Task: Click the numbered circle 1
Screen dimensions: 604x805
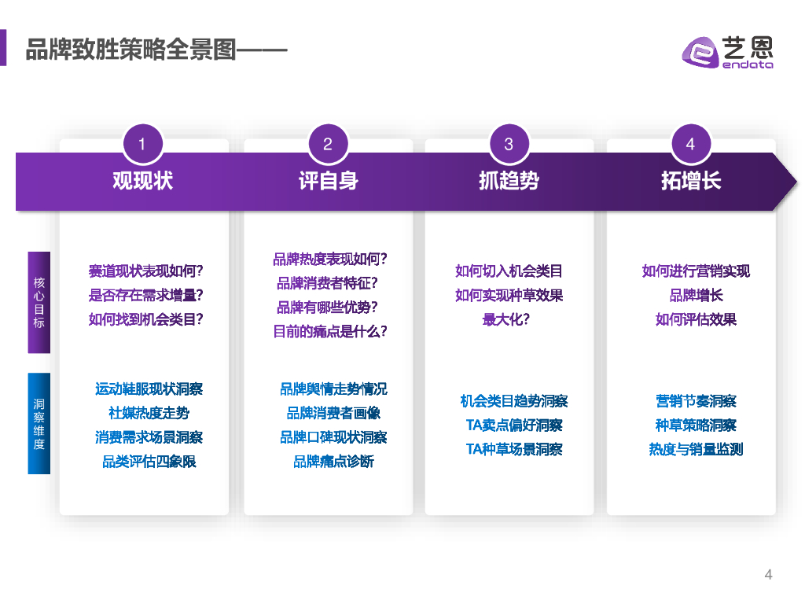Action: pyautogui.click(x=142, y=144)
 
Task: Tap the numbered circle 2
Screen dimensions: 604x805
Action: pyautogui.click(x=328, y=144)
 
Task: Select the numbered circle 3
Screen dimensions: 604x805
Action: pyautogui.click(x=509, y=144)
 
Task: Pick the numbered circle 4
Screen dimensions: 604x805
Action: pyautogui.click(x=690, y=144)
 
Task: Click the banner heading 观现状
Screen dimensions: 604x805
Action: pyautogui.click(x=142, y=181)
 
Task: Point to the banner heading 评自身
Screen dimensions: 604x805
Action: pyautogui.click(x=328, y=181)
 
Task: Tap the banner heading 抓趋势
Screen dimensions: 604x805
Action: pyautogui.click(x=509, y=181)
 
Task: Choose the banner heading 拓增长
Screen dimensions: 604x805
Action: pyautogui.click(x=690, y=181)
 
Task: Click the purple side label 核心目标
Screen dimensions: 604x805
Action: pyautogui.click(x=39, y=303)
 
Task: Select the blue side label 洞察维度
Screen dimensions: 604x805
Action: pyautogui.click(x=39, y=424)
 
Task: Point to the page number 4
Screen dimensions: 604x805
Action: pyautogui.click(x=768, y=575)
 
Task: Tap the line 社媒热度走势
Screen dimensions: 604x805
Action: pyautogui.click(x=149, y=413)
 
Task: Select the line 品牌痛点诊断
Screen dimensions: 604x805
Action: pyautogui.click(x=333, y=462)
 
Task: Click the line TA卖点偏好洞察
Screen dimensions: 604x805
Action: pyautogui.click(x=514, y=425)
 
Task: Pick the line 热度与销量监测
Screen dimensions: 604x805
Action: pyautogui.click(x=696, y=450)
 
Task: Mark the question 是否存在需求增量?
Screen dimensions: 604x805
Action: pyautogui.click(x=146, y=296)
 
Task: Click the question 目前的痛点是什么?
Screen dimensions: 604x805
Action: pyautogui.click(x=330, y=332)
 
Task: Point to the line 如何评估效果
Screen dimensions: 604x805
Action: pyautogui.click(x=696, y=320)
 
